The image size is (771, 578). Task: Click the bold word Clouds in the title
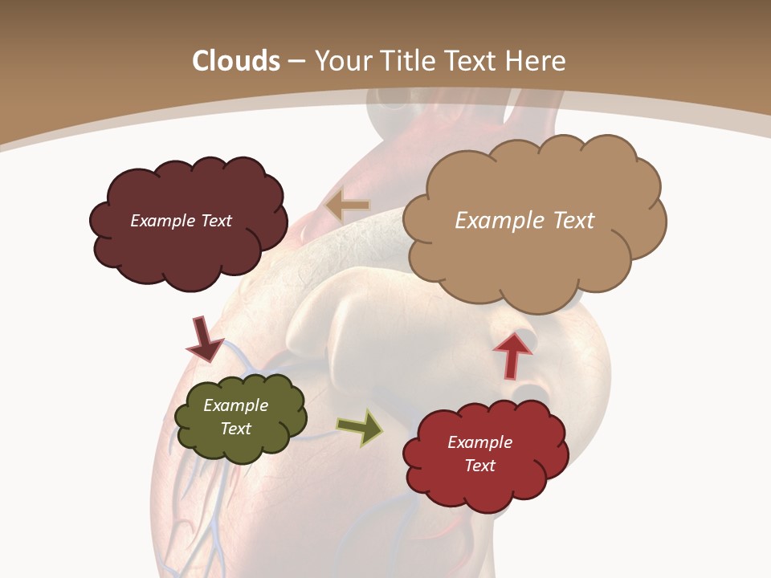click(x=235, y=61)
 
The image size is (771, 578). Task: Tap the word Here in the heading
click(x=538, y=61)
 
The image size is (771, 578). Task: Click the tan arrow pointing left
click(x=348, y=206)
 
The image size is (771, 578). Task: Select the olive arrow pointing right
click(x=360, y=427)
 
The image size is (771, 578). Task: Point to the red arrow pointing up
click(x=512, y=354)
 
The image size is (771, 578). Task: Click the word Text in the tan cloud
click(x=569, y=221)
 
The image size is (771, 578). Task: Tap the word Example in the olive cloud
click(x=235, y=405)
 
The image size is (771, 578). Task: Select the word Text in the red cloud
click(x=479, y=466)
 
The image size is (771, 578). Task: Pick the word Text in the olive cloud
click(x=235, y=429)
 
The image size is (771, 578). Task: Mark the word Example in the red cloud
click(x=479, y=442)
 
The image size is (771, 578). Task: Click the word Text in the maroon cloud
click(x=216, y=221)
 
